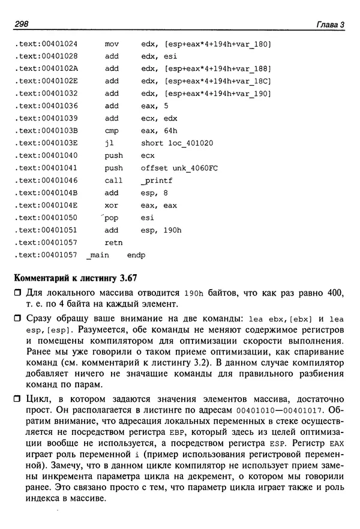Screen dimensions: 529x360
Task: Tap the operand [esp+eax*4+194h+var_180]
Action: point(207,44)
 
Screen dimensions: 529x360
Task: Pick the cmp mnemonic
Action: point(112,131)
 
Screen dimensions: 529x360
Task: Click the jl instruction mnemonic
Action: point(109,143)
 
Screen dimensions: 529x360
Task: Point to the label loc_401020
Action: point(193,143)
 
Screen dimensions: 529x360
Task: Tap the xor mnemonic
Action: point(112,205)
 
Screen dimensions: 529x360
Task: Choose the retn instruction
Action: point(113,242)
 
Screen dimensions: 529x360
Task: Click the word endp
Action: point(136,255)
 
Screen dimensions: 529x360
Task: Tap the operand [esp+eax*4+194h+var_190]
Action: point(207,94)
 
